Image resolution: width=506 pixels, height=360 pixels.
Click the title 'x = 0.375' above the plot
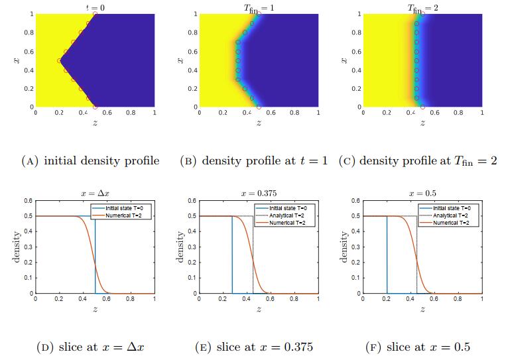pyautogui.click(x=257, y=193)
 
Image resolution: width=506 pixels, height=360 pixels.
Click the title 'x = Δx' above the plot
pyautogui.click(x=95, y=193)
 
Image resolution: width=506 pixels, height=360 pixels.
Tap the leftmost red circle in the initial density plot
pyautogui.click(x=59, y=60)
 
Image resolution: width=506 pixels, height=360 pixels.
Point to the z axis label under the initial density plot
pyautogui.click(x=95, y=123)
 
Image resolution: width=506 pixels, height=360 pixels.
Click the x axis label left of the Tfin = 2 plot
pyautogui.click(x=343, y=60)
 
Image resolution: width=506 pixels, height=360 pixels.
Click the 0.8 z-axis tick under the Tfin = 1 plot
pyautogui.click(x=294, y=113)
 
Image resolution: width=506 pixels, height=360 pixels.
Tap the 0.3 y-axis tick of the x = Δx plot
pyautogui.click(x=28, y=247)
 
